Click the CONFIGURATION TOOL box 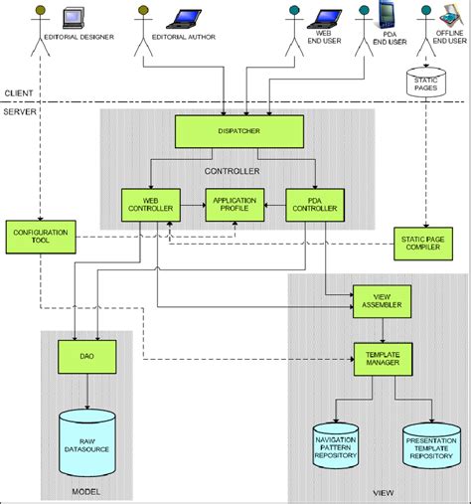coord(35,236)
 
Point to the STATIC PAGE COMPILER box coord(424,242)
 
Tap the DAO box coord(86,354)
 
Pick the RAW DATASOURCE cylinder coord(86,435)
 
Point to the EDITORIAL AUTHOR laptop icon coord(186,16)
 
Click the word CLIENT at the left coord(18,93)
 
